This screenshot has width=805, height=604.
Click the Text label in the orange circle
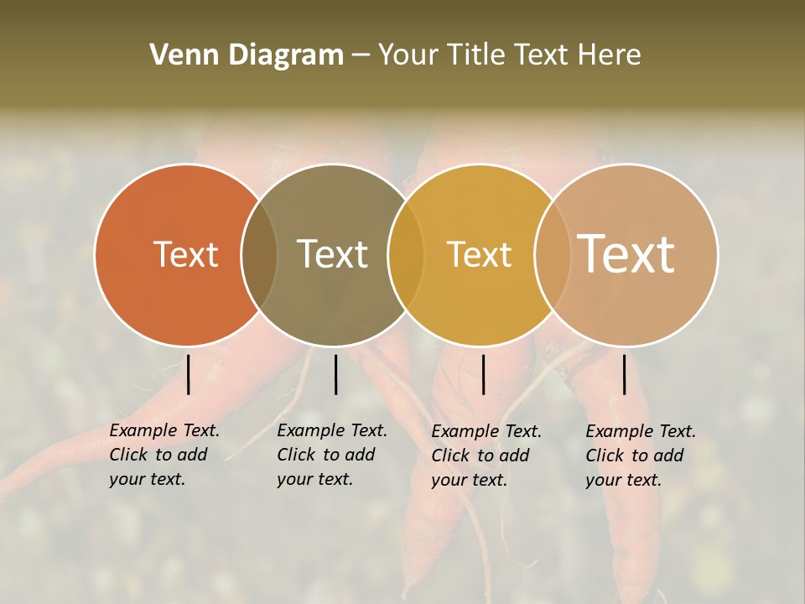pos(185,254)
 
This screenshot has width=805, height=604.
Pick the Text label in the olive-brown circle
pos(332,254)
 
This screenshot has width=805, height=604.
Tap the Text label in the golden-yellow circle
pos(479,254)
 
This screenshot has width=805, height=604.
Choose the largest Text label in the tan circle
pos(626,253)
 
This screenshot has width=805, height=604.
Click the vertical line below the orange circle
pos(188,374)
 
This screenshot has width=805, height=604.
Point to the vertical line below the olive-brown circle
pos(335,374)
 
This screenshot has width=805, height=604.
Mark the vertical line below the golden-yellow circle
pos(483,374)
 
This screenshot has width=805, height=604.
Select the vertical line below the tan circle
pos(624,374)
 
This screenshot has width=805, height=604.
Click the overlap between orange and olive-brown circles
pos(259,254)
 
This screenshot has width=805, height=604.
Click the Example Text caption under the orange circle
pos(164,455)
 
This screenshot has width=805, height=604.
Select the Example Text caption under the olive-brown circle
pos(331,455)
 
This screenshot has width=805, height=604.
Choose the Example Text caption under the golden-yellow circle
pos(486,456)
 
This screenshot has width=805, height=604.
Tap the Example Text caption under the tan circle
pos(640,456)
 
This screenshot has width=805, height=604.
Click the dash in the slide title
pos(361,55)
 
